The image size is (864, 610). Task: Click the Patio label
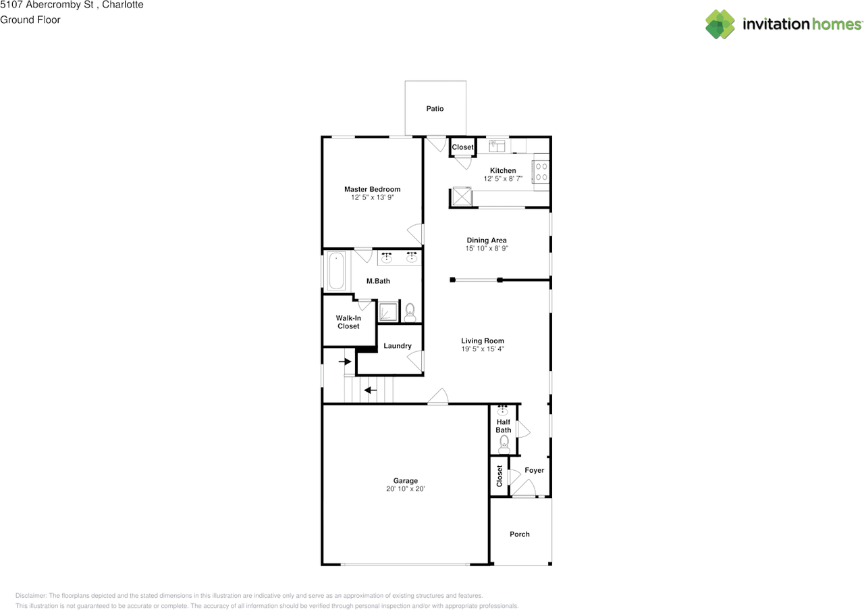(x=435, y=109)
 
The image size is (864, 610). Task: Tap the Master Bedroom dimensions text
(x=372, y=198)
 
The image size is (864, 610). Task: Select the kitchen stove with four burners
(x=541, y=172)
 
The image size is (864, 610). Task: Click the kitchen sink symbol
(x=498, y=145)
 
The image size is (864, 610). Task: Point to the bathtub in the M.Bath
(x=335, y=271)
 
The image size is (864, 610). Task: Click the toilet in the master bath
(x=410, y=312)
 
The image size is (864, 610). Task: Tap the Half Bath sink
(x=503, y=410)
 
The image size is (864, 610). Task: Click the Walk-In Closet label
(x=348, y=322)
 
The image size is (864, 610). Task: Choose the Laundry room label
(x=398, y=346)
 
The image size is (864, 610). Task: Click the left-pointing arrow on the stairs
(x=371, y=390)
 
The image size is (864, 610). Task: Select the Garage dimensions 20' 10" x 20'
(x=406, y=489)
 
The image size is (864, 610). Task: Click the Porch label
(x=520, y=534)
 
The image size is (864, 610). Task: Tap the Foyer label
(x=534, y=470)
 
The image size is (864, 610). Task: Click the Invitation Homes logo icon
(x=720, y=24)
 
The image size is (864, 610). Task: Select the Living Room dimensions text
(x=483, y=349)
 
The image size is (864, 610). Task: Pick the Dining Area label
(x=487, y=240)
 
